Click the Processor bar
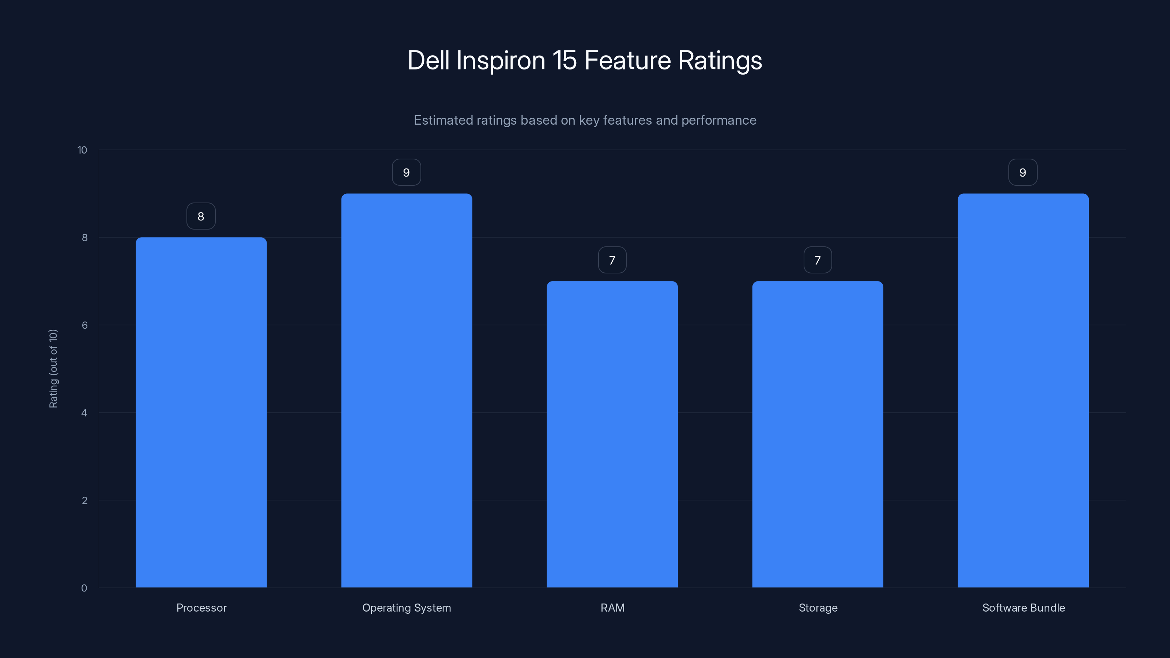201,412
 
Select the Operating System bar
407,390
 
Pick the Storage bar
818,434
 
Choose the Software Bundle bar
1023,390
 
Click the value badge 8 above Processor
201,216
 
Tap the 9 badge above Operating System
407,172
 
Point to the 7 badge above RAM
612,260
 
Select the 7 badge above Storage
818,260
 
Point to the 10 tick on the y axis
82,150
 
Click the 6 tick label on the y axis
84,325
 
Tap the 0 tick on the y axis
84,588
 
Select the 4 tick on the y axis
84,413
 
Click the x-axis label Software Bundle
1023,608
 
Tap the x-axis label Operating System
407,608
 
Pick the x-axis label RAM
612,608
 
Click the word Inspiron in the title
501,60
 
